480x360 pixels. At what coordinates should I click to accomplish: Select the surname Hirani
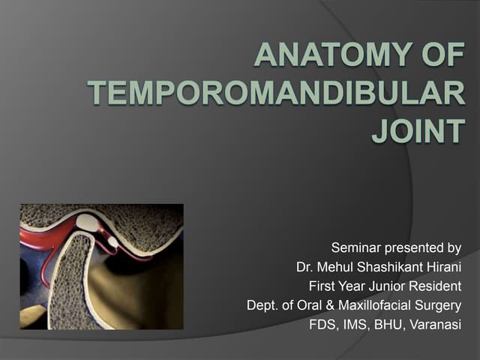(x=441, y=267)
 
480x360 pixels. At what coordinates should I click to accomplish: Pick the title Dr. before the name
(x=307, y=267)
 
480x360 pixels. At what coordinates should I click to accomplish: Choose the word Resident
(x=434, y=286)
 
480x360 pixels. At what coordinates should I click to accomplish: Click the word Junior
(x=387, y=286)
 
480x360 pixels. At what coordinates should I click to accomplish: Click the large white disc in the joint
(x=88, y=222)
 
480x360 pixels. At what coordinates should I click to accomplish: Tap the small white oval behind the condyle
(x=112, y=241)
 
